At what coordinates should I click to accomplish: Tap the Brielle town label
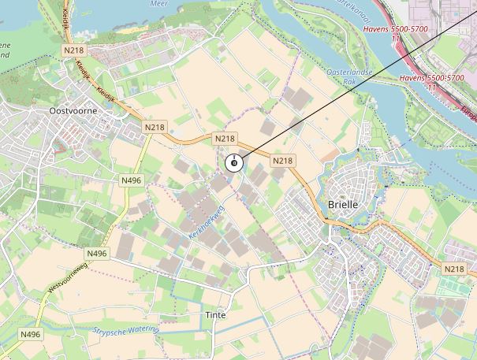342,203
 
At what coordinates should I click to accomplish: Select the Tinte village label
215,314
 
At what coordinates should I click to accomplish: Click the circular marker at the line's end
233,163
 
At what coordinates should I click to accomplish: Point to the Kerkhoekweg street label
207,224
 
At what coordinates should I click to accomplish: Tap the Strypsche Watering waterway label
126,331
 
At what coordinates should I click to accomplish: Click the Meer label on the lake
159,3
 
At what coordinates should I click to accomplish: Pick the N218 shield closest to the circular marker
225,138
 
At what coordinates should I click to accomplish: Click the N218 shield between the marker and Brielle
282,161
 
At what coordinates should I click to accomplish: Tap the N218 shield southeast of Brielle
454,269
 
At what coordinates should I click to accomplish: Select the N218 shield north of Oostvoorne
73,50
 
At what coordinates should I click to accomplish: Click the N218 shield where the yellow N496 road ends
155,127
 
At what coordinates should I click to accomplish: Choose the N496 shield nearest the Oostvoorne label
131,180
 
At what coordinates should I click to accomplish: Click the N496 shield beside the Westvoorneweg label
97,253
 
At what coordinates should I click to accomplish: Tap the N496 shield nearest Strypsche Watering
30,335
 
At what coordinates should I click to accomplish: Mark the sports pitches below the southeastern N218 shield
451,284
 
